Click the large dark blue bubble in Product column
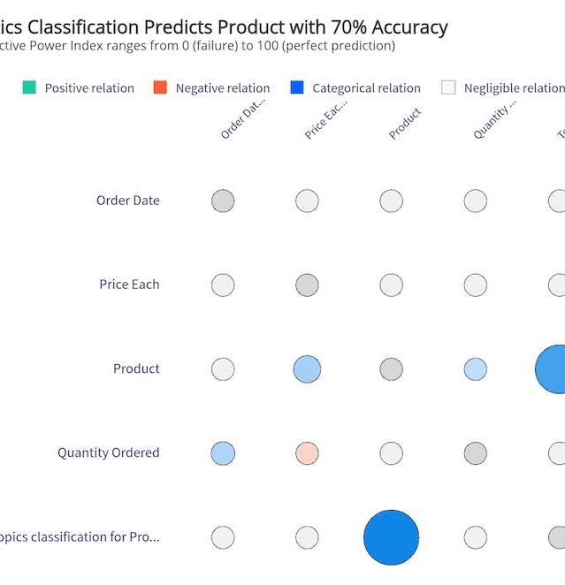click(391, 537)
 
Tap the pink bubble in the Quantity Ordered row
click(307, 453)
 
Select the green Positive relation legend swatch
click(29, 87)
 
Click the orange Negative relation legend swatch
click(160, 87)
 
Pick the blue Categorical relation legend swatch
click(297, 87)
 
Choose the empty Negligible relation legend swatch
click(448, 87)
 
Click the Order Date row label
click(128, 201)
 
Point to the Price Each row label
click(129, 285)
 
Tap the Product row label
click(136, 368)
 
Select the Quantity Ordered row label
click(109, 452)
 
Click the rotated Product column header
click(405, 124)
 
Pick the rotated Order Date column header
click(242, 119)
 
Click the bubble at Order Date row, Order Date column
click(223, 201)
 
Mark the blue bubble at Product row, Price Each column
click(307, 368)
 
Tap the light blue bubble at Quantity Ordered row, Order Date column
click(223, 453)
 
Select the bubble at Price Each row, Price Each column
click(307, 285)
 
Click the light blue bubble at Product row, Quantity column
click(476, 369)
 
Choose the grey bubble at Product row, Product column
click(391, 369)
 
